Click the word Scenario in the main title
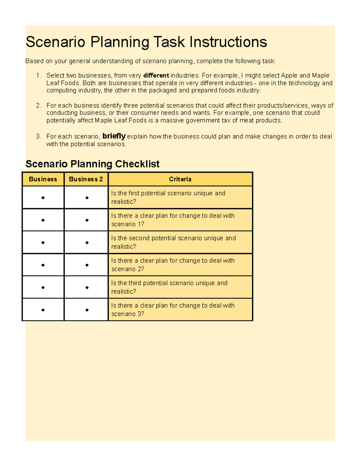(55, 42)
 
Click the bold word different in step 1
(156, 76)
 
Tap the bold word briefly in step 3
(114, 136)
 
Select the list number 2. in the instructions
(38, 106)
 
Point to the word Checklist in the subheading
(137, 164)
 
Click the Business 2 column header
(86, 179)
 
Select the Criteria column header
(180, 179)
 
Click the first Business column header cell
(43, 179)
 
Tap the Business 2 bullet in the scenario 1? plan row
(87, 220)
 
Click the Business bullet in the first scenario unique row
(43, 198)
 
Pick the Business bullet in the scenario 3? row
(43, 310)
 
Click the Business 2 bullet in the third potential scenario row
(87, 287)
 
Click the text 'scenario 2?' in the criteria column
(127, 269)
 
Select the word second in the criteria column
(139, 238)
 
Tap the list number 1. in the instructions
(38, 76)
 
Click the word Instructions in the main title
(228, 42)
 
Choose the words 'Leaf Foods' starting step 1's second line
(63, 83)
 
